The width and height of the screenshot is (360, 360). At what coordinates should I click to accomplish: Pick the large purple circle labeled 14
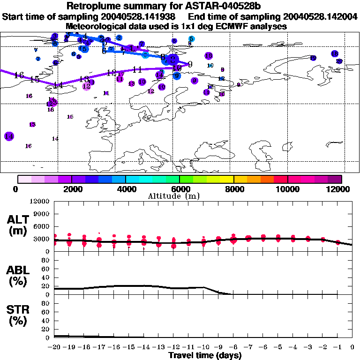click(9, 136)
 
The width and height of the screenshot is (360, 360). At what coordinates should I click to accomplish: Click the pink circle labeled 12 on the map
click(86, 86)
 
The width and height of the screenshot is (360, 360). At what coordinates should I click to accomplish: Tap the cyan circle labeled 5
click(191, 39)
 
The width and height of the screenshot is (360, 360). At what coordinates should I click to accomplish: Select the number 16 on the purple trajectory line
click(19, 75)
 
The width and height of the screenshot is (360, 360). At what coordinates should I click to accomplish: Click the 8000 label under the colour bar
click(233, 189)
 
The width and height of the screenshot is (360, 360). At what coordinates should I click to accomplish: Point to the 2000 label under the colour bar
click(71, 189)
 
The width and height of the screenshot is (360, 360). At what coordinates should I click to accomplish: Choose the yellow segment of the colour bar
click(227, 179)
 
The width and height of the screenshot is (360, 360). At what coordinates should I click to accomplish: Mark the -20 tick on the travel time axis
click(54, 347)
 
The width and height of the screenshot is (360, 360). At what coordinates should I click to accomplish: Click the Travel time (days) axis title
click(204, 355)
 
